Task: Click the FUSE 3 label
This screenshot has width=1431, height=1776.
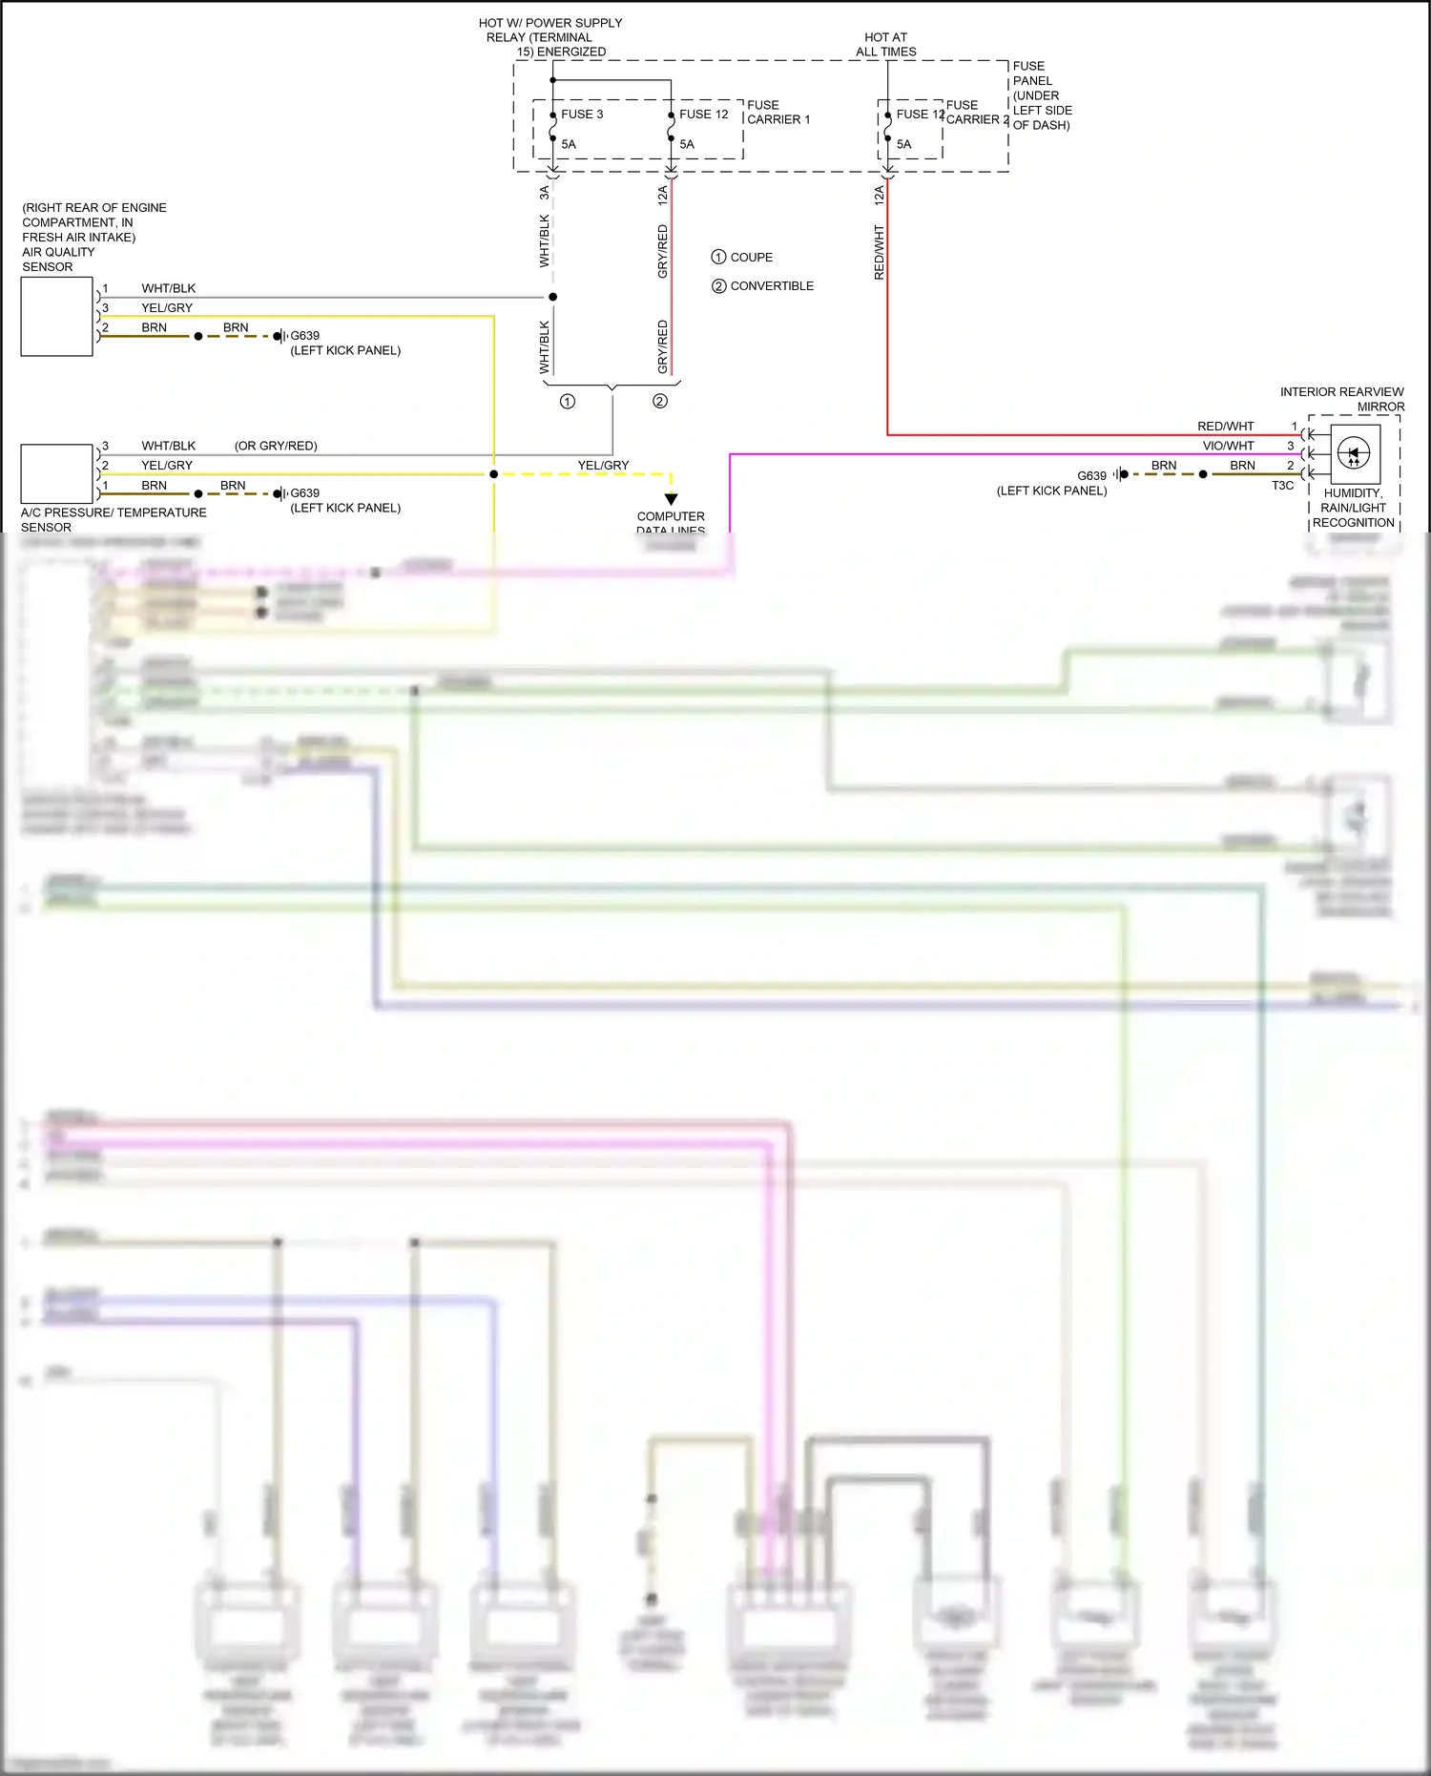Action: point(582,115)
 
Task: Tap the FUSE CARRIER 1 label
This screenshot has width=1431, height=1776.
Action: point(778,113)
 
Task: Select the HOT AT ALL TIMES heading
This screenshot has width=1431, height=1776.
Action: point(885,45)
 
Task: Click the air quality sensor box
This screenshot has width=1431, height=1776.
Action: point(57,317)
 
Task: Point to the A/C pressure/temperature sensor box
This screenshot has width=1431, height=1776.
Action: point(57,473)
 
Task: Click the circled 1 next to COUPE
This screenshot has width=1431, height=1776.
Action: point(718,257)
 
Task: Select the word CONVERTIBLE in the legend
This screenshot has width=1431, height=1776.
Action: point(772,286)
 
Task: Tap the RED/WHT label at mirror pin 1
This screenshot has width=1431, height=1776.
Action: point(1225,427)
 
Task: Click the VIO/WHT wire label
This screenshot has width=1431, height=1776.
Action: point(1228,446)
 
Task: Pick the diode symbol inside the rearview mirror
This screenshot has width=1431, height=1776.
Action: point(1354,454)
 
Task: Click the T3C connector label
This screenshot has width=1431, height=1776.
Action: point(1282,486)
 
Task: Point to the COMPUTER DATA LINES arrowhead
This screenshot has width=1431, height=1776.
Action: point(671,499)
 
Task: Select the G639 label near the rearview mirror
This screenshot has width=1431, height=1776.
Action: point(1091,475)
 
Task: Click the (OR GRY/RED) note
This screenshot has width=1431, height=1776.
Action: point(276,446)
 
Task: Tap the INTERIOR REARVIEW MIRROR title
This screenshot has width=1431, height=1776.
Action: point(1341,399)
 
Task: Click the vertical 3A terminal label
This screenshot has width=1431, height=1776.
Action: point(545,193)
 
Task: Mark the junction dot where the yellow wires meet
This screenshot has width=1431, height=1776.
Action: point(493,474)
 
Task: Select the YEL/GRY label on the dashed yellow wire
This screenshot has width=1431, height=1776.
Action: point(603,466)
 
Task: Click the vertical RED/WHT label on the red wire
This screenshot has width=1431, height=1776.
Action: point(879,253)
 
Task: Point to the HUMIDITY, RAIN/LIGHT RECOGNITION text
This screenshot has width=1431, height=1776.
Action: point(1353,508)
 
